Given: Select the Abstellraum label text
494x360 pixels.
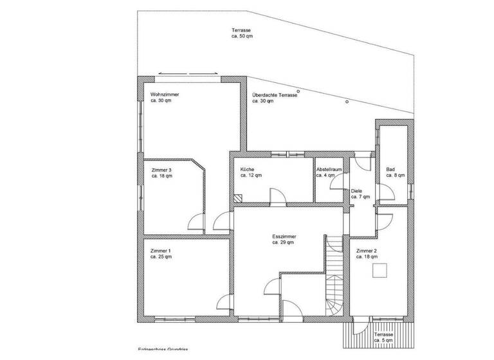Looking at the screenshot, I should coord(328,168).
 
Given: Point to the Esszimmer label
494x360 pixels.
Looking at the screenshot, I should coord(283,237).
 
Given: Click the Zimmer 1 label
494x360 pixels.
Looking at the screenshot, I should coord(160,250).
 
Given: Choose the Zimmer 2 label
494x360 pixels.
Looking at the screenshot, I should coord(366,250).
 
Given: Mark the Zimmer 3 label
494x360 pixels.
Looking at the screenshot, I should coord(161,169).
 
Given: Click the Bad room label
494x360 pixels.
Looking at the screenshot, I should coord(390,169).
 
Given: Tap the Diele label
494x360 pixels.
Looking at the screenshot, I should coord(357,191).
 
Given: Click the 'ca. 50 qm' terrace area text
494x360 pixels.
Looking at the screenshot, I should coord(242,37).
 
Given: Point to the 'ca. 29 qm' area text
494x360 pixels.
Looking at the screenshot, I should coord(283,243).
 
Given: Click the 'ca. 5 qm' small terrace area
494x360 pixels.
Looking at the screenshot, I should coord(383,341).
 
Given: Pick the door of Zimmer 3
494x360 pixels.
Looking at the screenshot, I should coord(194,222).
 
